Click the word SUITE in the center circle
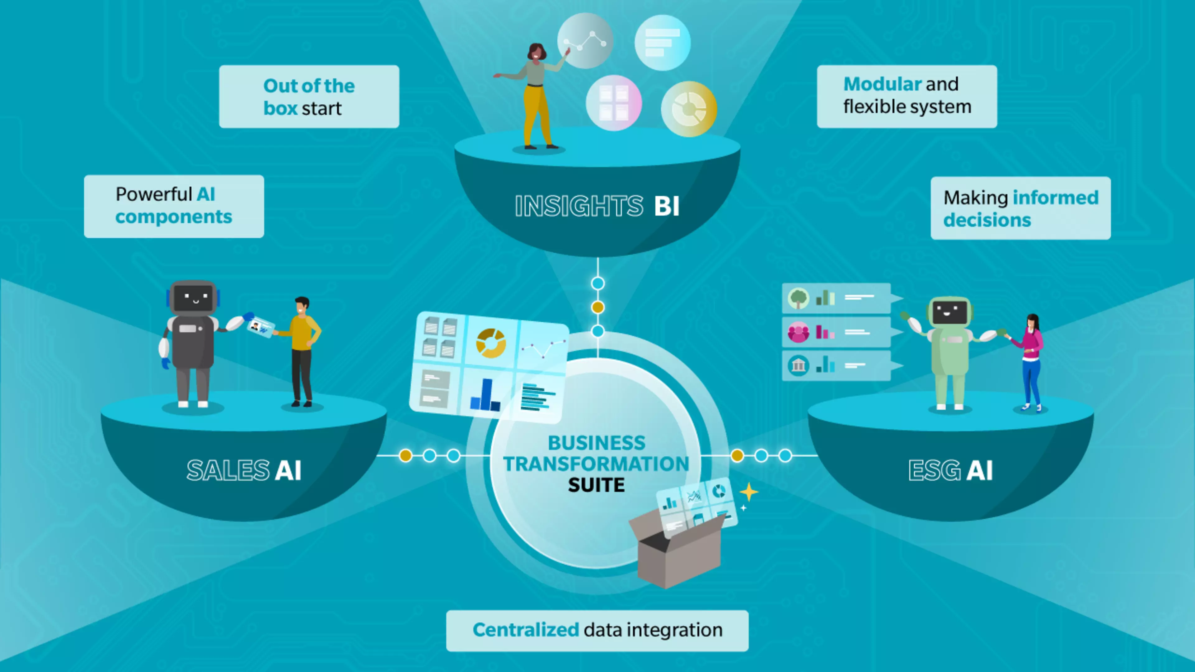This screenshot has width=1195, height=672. [x=597, y=485]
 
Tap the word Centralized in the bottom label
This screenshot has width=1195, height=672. [x=526, y=630]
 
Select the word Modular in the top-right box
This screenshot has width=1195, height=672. [x=882, y=84]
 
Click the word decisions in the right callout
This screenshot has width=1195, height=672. [x=987, y=220]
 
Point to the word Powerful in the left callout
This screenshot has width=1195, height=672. [x=153, y=194]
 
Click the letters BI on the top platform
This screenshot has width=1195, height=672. [x=667, y=206]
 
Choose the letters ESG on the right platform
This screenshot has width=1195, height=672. [x=934, y=470]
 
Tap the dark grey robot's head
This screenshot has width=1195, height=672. [x=193, y=298]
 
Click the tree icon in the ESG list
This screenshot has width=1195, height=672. [x=798, y=298]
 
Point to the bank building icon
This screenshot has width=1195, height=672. [x=798, y=366]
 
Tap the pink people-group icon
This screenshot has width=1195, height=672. [x=798, y=332]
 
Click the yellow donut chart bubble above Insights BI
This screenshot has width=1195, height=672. [x=689, y=109]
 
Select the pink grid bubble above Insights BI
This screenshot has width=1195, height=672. [x=614, y=103]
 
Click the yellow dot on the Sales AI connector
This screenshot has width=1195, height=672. [x=405, y=455]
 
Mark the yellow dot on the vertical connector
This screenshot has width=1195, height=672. [x=598, y=307]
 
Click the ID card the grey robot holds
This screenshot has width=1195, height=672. [x=260, y=327]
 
